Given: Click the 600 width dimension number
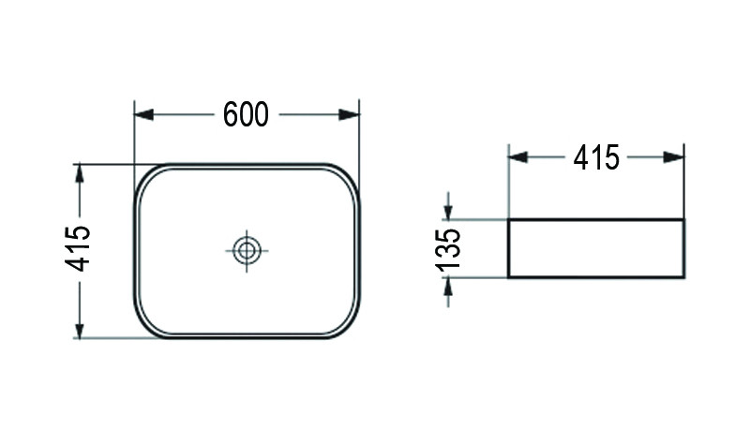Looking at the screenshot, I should [x=247, y=114].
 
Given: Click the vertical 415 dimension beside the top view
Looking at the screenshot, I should [x=80, y=249].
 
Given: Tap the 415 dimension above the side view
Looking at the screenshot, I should [x=596, y=158].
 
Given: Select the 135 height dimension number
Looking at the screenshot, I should [x=449, y=249].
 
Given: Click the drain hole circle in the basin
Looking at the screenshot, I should [x=247, y=250].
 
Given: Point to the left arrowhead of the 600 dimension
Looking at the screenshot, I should [x=143, y=114].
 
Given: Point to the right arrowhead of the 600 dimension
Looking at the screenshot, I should [x=352, y=114].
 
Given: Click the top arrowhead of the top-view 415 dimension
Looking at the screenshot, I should [x=81, y=171].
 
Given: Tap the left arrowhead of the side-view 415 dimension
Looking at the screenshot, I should [x=517, y=157].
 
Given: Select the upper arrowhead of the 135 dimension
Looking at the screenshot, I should [x=449, y=213].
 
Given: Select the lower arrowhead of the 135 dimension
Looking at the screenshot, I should [x=449, y=285].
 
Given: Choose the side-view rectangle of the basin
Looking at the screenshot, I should [x=595, y=249].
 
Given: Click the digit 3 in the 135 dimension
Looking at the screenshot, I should [x=449, y=250].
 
